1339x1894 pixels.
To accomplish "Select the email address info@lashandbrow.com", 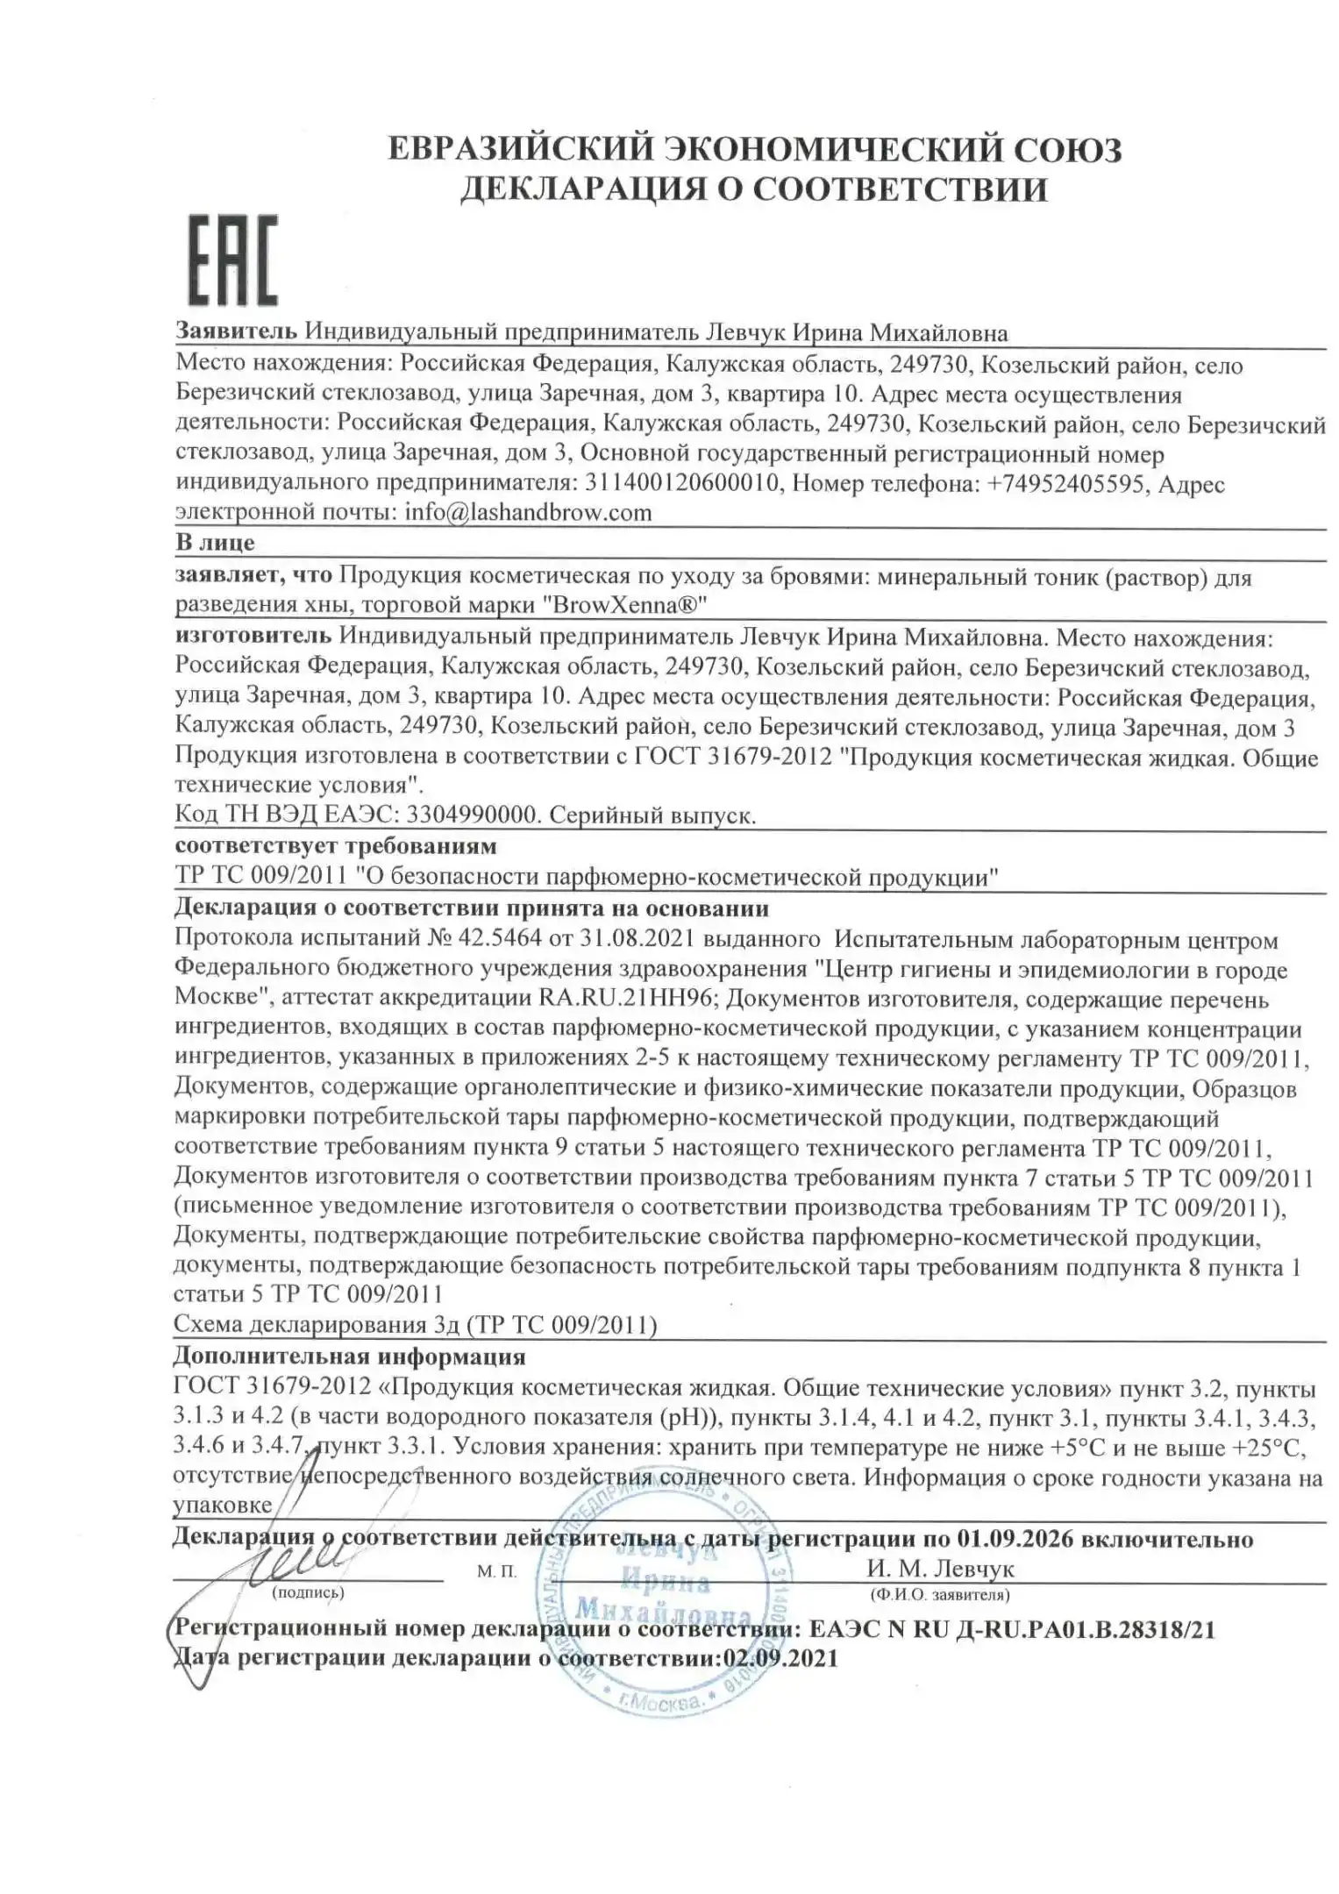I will (528, 512).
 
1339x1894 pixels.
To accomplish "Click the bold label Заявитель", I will (237, 332).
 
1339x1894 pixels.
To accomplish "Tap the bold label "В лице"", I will (215, 542).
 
